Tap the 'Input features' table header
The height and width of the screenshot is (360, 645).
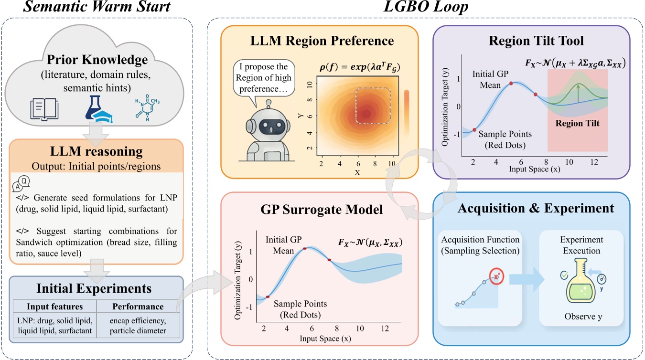pyautogui.click(x=55, y=307)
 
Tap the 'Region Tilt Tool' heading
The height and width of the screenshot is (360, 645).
pyautogui.click(x=530, y=41)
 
